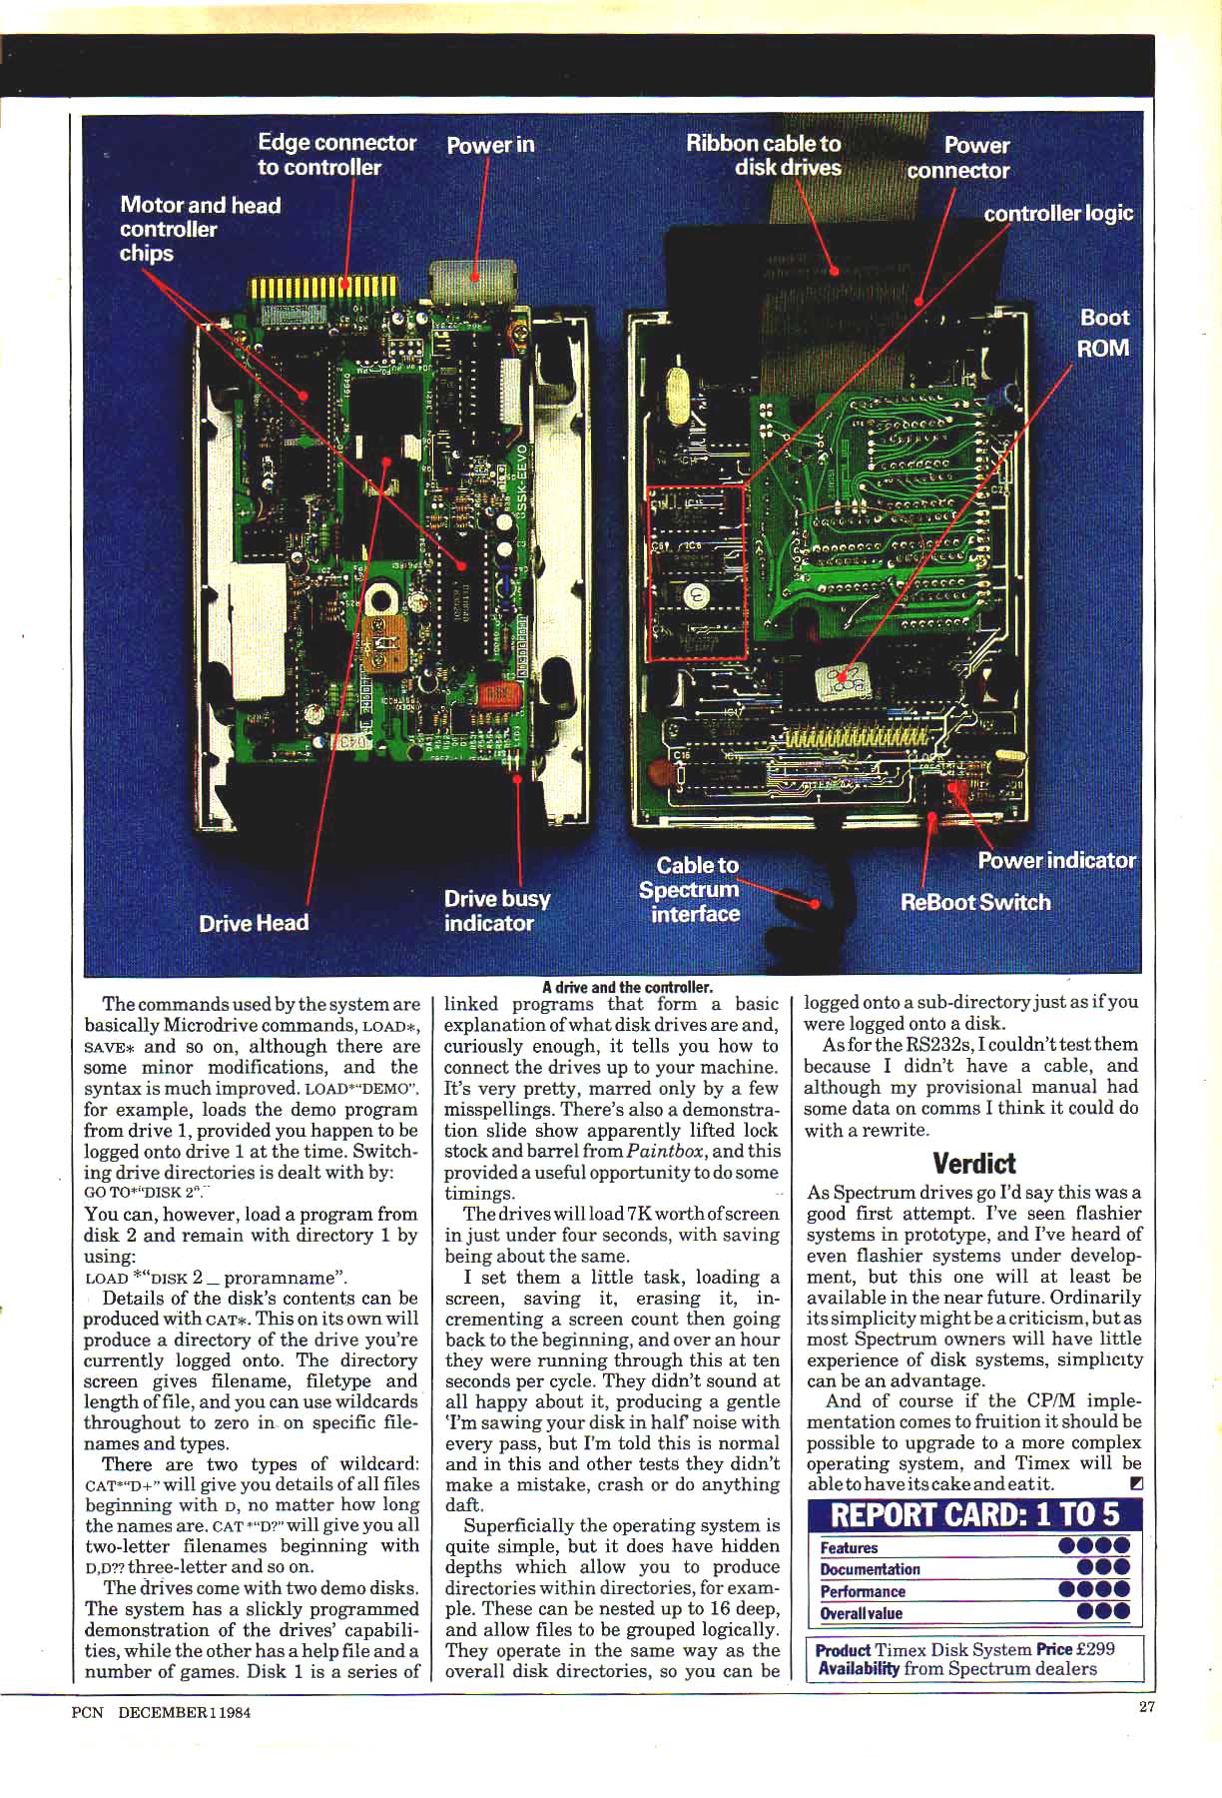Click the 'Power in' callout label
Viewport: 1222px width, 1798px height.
tap(490, 146)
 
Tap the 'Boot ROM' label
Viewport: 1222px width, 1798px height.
tap(1103, 333)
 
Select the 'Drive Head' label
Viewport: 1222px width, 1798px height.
tap(254, 923)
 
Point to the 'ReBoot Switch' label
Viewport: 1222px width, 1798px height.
tap(975, 903)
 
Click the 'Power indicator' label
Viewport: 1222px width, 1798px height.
tap(1056, 861)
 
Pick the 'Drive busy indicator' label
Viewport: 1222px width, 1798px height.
tap(496, 911)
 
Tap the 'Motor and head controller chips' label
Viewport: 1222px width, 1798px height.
tap(200, 229)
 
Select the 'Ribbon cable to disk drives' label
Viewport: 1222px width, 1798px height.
tap(764, 156)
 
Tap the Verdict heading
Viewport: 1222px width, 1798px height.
tap(973, 1164)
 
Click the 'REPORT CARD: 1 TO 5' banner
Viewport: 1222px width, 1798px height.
tap(974, 1515)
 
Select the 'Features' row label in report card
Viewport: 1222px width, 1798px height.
tap(849, 1548)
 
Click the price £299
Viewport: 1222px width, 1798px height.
tap(1095, 1649)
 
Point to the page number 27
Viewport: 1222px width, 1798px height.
tap(1147, 1707)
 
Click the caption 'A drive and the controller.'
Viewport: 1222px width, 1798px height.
tap(627, 987)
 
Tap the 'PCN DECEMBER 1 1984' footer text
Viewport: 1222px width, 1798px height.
tap(161, 1712)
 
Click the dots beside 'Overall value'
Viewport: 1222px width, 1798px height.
tap(1103, 1611)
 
